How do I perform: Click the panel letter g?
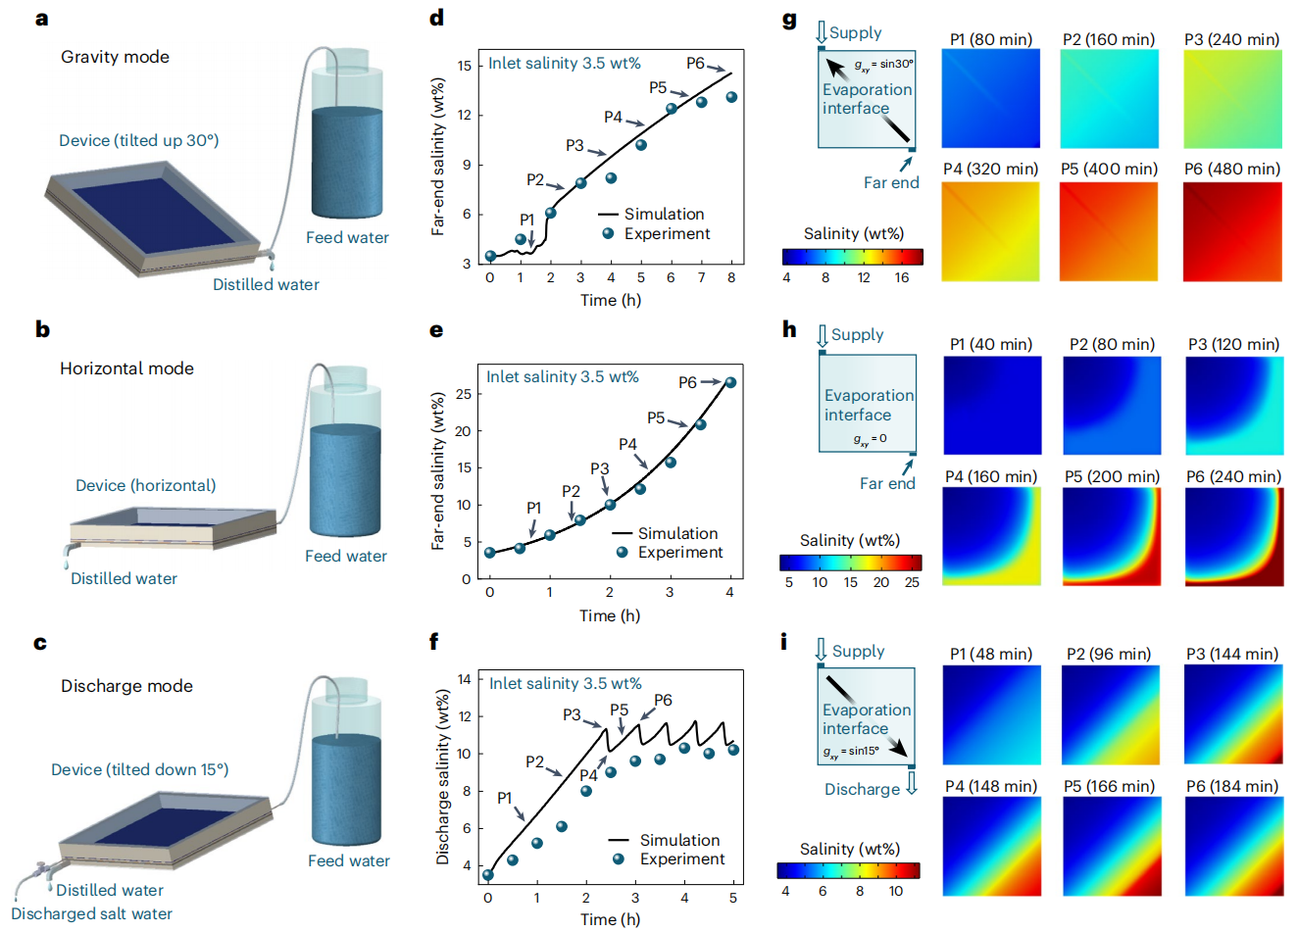[x=789, y=20]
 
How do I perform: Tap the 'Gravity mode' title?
[x=115, y=57]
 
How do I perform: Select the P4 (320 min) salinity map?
[x=990, y=232]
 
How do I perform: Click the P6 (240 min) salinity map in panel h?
[x=1233, y=537]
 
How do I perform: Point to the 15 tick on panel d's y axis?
[x=465, y=66]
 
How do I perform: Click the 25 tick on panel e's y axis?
[x=464, y=394]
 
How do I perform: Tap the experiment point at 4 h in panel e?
[x=730, y=382]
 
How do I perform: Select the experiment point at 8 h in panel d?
[x=731, y=97]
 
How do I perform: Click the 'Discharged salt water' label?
[x=92, y=913]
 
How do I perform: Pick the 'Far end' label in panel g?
[x=891, y=182]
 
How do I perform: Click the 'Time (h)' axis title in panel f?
[x=610, y=919]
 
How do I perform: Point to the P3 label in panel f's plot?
[x=572, y=714]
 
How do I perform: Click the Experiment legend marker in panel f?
[x=619, y=858]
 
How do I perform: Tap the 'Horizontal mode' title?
[x=126, y=368]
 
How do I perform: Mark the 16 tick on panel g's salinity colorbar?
[x=902, y=277]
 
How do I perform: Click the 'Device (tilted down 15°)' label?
[x=139, y=769]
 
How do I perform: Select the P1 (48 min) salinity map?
[x=991, y=714]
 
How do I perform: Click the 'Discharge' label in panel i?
[x=862, y=789]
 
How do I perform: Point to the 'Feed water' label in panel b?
[x=345, y=556]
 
